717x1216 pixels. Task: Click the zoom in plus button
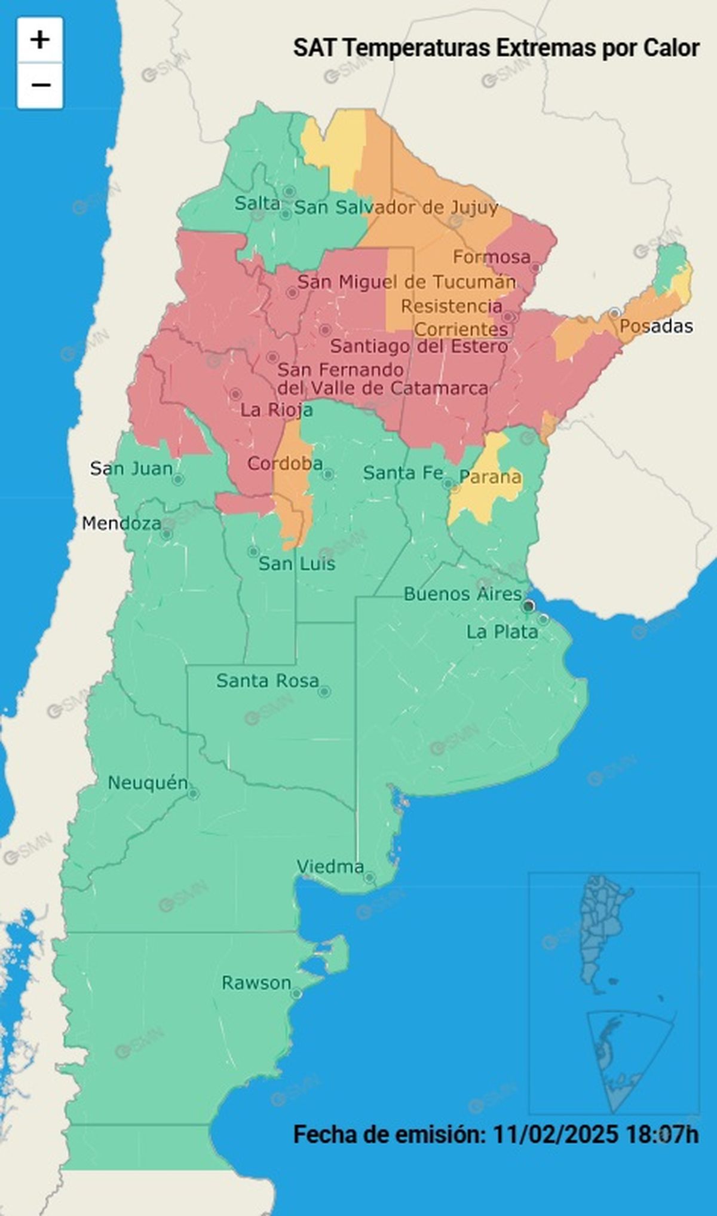point(40,40)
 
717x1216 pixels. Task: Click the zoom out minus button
point(40,85)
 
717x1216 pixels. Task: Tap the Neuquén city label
point(148,783)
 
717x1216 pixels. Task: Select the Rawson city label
point(256,982)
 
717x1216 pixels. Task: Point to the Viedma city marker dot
point(370,878)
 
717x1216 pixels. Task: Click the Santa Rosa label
point(267,680)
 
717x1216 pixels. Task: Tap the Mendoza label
point(121,523)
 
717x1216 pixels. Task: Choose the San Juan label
point(131,468)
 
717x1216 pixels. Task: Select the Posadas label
point(656,326)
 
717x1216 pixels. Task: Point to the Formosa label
point(491,257)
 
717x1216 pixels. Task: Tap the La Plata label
point(502,632)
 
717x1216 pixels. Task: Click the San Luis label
point(296,564)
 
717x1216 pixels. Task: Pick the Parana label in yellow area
point(490,477)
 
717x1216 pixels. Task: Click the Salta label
point(257,203)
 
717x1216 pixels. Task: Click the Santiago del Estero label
point(419,346)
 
